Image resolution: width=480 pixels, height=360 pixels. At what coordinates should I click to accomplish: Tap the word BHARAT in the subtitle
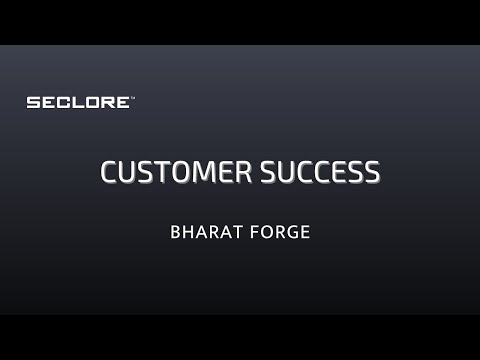click(202, 231)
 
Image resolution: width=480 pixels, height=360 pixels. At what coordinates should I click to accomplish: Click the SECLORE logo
click(78, 103)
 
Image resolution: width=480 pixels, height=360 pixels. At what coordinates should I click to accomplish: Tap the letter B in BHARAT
click(176, 231)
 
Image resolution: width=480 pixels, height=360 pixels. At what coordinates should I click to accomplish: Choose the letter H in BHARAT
click(187, 231)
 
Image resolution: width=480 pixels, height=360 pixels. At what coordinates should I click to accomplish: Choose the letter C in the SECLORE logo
click(64, 103)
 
